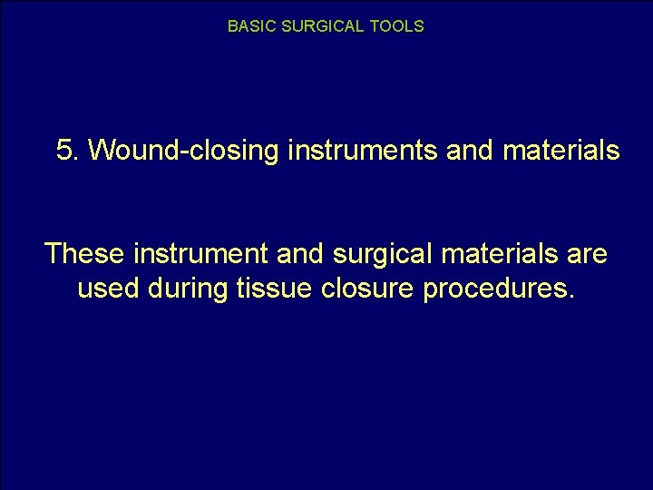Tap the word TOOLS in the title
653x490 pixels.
click(396, 26)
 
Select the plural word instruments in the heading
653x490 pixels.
click(363, 151)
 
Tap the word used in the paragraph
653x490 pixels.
click(107, 290)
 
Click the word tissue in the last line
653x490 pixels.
click(276, 290)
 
